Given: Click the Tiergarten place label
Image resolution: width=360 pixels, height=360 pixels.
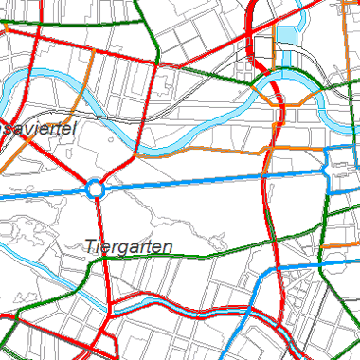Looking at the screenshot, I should (x=128, y=246).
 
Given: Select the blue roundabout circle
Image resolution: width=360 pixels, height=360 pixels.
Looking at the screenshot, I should (x=96, y=189).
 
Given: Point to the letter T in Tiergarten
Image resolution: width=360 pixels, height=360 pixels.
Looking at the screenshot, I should (x=89, y=245).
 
